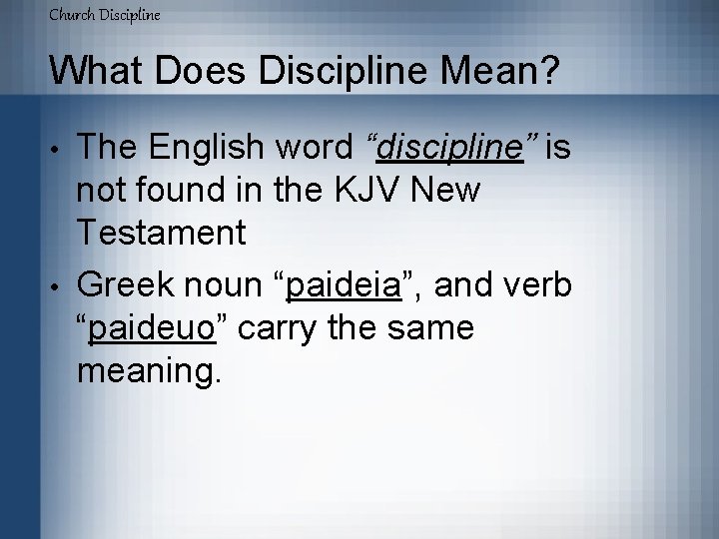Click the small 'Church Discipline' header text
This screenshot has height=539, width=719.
click(104, 15)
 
